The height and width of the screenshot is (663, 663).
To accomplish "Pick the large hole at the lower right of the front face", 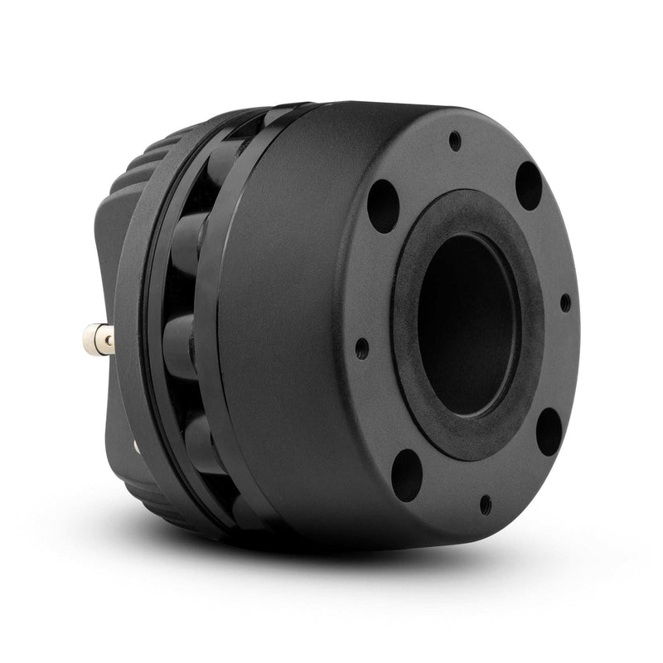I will (x=549, y=431).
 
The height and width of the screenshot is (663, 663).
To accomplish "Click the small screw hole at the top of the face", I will (x=455, y=142).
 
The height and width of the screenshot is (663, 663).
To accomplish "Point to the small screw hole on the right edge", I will (x=565, y=302).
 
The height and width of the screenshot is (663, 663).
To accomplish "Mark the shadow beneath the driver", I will (x=348, y=572).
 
